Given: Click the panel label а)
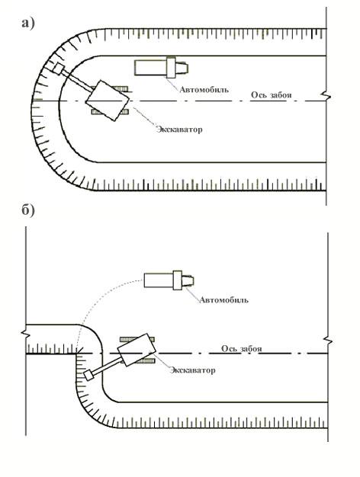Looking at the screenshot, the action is click(28, 23).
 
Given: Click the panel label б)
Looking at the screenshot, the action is click(28, 210).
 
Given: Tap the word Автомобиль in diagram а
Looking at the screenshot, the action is click(204, 89).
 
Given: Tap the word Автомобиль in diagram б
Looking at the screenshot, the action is click(223, 300).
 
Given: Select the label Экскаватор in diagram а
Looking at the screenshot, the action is click(179, 130).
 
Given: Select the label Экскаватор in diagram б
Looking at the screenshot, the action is click(192, 370).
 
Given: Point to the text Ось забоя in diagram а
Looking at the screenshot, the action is click(271, 95).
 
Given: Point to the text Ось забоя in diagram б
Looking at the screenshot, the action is click(242, 349).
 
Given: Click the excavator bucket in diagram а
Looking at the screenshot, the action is click(58, 69).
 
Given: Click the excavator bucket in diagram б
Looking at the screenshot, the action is click(88, 376).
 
